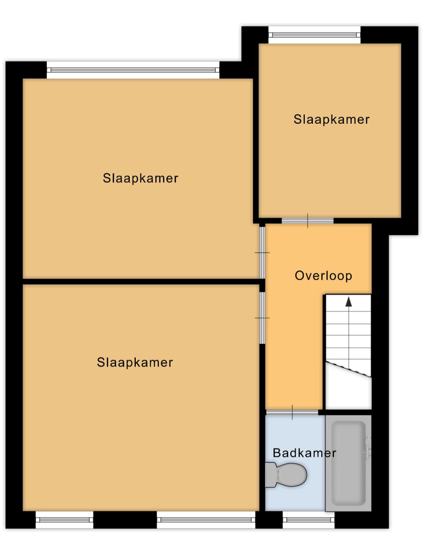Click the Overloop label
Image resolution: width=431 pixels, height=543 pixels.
(323, 276)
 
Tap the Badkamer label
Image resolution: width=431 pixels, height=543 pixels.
(305, 452)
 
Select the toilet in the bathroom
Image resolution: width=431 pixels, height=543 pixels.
(286, 475)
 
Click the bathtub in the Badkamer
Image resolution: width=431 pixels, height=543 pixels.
(348, 463)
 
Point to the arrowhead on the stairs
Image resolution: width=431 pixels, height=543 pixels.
(349, 302)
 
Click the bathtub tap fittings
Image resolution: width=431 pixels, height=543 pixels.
(367, 448)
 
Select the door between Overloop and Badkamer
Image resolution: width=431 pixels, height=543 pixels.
(292, 412)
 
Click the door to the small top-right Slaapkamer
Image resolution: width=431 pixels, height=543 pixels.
(307, 221)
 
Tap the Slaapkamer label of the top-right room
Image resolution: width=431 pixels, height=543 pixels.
(331, 120)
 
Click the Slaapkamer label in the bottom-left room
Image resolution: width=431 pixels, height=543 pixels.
(135, 363)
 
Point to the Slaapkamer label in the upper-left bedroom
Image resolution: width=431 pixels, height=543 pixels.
(140, 178)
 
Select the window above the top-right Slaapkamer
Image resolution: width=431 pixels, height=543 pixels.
(315, 35)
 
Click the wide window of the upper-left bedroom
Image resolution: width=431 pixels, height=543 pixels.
(133, 70)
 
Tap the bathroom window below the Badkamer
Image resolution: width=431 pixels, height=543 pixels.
(309, 520)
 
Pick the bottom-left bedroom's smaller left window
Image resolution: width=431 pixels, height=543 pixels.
(64, 520)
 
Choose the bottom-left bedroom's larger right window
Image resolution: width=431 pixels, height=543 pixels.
(206, 520)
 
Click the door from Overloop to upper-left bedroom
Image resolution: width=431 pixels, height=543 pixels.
(263, 252)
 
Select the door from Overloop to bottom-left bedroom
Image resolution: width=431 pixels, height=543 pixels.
(263, 318)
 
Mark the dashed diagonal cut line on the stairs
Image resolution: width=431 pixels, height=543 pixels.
(348, 369)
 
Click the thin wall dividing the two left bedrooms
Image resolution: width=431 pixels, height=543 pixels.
(141, 282)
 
